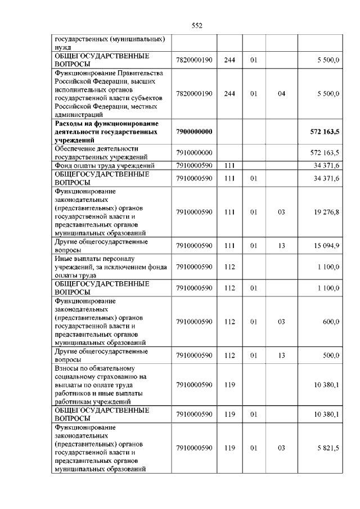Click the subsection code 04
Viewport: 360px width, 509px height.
pyautogui.click(x=282, y=93)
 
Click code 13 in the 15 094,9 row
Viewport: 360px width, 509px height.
pyautogui.click(x=282, y=246)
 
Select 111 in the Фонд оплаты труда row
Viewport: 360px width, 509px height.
pyautogui.click(x=229, y=165)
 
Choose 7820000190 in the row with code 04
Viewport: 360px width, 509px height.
pyautogui.click(x=193, y=93)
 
